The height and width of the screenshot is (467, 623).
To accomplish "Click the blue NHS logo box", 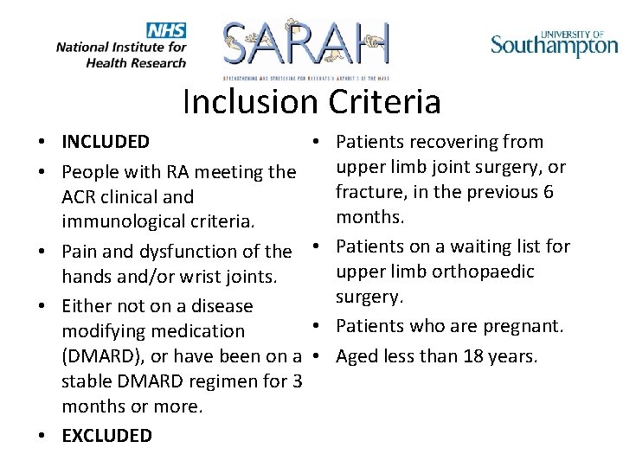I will click(x=166, y=30).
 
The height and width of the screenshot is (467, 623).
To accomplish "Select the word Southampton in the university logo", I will click(x=555, y=45).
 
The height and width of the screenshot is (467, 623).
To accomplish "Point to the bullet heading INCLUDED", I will click(x=106, y=142).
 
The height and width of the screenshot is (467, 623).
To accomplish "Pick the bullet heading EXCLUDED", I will click(x=106, y=436).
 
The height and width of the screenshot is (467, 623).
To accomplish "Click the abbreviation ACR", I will click(x=80, y=197).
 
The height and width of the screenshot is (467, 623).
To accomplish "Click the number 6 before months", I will click(x=548, y=191).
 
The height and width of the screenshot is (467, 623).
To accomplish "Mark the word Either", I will click(x=87, y=306).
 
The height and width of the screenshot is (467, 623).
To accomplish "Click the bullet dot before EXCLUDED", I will click(x=42, y=436).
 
